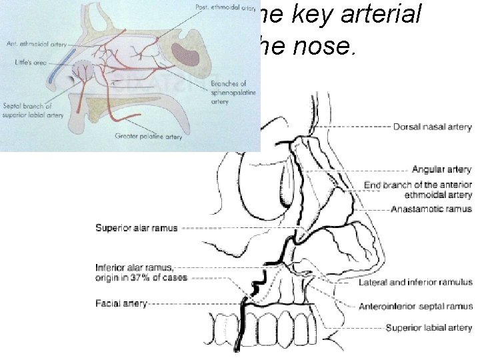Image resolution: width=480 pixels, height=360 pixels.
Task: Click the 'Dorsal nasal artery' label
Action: pyautogui.click(x=433, y=127)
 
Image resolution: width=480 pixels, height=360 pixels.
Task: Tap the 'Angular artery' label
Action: pyautogui.click(x=441, y=170)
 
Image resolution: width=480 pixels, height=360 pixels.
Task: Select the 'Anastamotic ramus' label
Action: pyautogui.click(x=431, y=209)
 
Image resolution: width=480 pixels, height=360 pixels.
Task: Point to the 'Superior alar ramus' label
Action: pyautogui.click(x=137, y=228)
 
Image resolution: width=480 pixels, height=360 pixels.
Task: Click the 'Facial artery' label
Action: pyautogui.click(x=121, y=303)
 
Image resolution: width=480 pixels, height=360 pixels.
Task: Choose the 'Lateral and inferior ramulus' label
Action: pyautogui.click(x=415, y=282)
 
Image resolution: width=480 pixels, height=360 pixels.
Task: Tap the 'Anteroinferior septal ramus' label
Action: pyautogui.click(x=415, y=307)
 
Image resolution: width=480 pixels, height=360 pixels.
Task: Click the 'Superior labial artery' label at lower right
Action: pyautogui.click(x=429, y=327)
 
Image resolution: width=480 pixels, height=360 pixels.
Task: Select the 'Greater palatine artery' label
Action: pyautogui.click(x=149, y=137)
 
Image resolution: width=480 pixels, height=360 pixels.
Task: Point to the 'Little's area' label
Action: pyautogui.click(x=27, y=61)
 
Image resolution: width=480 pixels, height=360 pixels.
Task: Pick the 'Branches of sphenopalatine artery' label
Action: pyautogui.click(x=229, y=93)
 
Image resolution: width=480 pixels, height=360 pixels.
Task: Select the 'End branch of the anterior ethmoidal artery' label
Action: pyautogui.click(x=418, y=189)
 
